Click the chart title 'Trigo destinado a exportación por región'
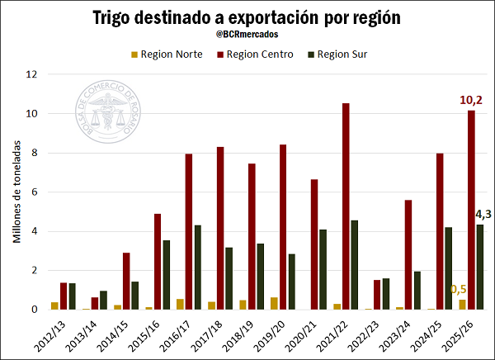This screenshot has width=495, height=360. click(247, 17)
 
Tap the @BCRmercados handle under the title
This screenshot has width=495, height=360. click(247, 36)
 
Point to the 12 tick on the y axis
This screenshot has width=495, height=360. click(32, 74)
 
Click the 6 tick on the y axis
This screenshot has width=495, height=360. click(34, 192)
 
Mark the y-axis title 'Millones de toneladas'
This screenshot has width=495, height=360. click(16, 192)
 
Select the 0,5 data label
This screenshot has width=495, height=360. click(459, 290)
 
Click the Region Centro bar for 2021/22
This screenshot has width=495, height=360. click(346, 206)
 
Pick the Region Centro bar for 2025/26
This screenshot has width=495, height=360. click(470, 210)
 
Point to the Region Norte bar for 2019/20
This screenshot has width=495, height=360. click(274, 303)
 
